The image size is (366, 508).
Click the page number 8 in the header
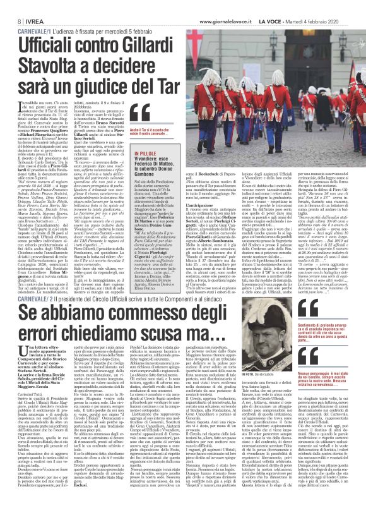point(12,6)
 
